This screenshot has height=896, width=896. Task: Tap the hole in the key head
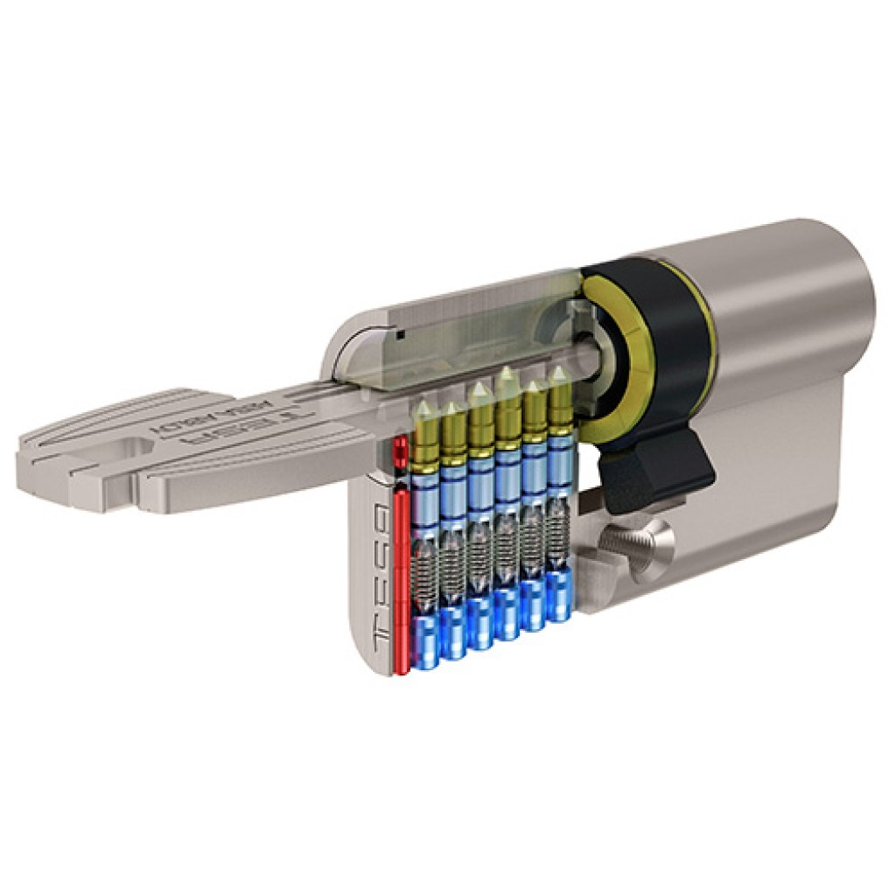coord(131,449)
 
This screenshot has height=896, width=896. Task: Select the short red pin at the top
coord(401,453)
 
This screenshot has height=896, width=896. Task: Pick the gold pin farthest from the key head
coord(556,402)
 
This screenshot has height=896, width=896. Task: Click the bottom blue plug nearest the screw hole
coord(558,598)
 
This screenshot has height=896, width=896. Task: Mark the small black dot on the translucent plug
coord(399,333)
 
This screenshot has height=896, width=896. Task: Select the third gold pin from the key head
coord(479,420)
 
